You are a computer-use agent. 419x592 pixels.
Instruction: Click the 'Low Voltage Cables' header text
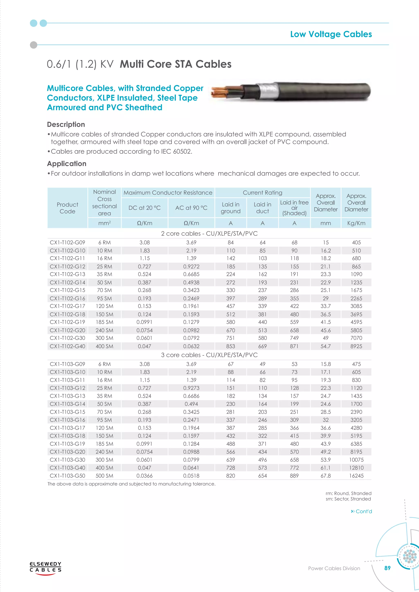pyautogui.click(x=331, y=34)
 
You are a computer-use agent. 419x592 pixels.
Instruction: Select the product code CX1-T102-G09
pyautogui.click(x=67, y=242)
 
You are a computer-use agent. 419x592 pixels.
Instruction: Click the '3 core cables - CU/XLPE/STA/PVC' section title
pyautogui.click(x=209, y=355)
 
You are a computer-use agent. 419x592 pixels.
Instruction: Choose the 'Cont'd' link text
pyautogui.click(x=364, y=511)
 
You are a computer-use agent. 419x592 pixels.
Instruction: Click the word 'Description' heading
pyautogui.click(x=66, y=124)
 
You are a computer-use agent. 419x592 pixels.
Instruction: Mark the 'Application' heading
pyautogui.click(x=66, y=164)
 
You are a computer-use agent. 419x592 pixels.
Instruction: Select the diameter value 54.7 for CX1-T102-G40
pyautogui.click(x=326, y=346)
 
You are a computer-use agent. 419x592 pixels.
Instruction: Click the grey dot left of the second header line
pyautogui.click(x=34, y=45)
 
